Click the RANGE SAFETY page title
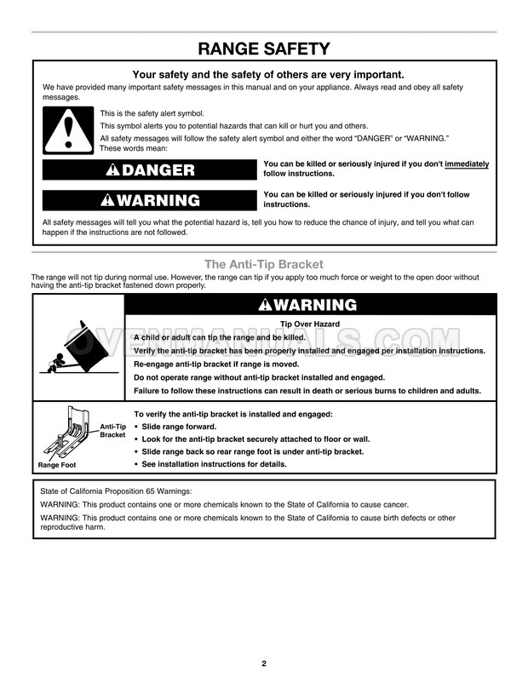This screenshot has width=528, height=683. coord(264,48)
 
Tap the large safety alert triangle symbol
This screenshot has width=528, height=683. coord(64,130)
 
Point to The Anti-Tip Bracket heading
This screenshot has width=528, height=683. coord(264,264)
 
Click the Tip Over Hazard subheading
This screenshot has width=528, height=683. coord(310,324)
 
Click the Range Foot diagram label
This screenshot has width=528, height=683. coord(57,465)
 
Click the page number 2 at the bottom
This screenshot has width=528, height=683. coord(264,663)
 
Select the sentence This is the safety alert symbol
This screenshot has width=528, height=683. coord(152,113)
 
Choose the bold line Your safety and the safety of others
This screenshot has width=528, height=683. coord(264,74)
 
